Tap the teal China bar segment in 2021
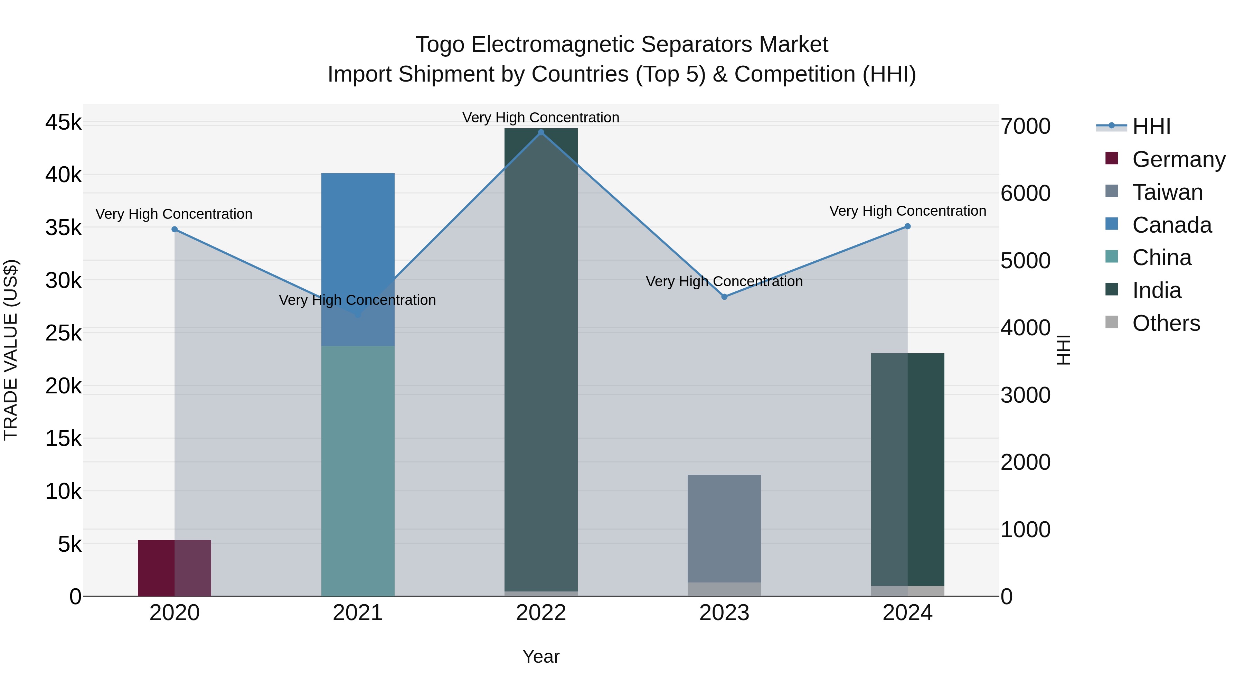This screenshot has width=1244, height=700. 358,471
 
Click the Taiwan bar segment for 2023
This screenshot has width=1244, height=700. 724,529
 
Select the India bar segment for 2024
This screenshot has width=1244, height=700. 907,469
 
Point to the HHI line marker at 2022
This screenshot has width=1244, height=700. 541,132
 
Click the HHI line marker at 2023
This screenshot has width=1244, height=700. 724,297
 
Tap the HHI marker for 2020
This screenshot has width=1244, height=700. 175,230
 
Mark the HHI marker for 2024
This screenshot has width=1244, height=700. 907,226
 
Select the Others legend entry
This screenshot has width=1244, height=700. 1166,323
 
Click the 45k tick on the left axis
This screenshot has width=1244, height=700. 63,122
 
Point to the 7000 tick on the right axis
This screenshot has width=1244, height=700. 1025,126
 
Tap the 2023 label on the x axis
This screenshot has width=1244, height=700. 724,613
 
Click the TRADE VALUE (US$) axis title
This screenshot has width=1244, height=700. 11,350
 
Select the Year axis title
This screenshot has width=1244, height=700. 541,656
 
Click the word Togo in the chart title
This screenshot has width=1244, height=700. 440,45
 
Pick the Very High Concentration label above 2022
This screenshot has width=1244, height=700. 541,118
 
